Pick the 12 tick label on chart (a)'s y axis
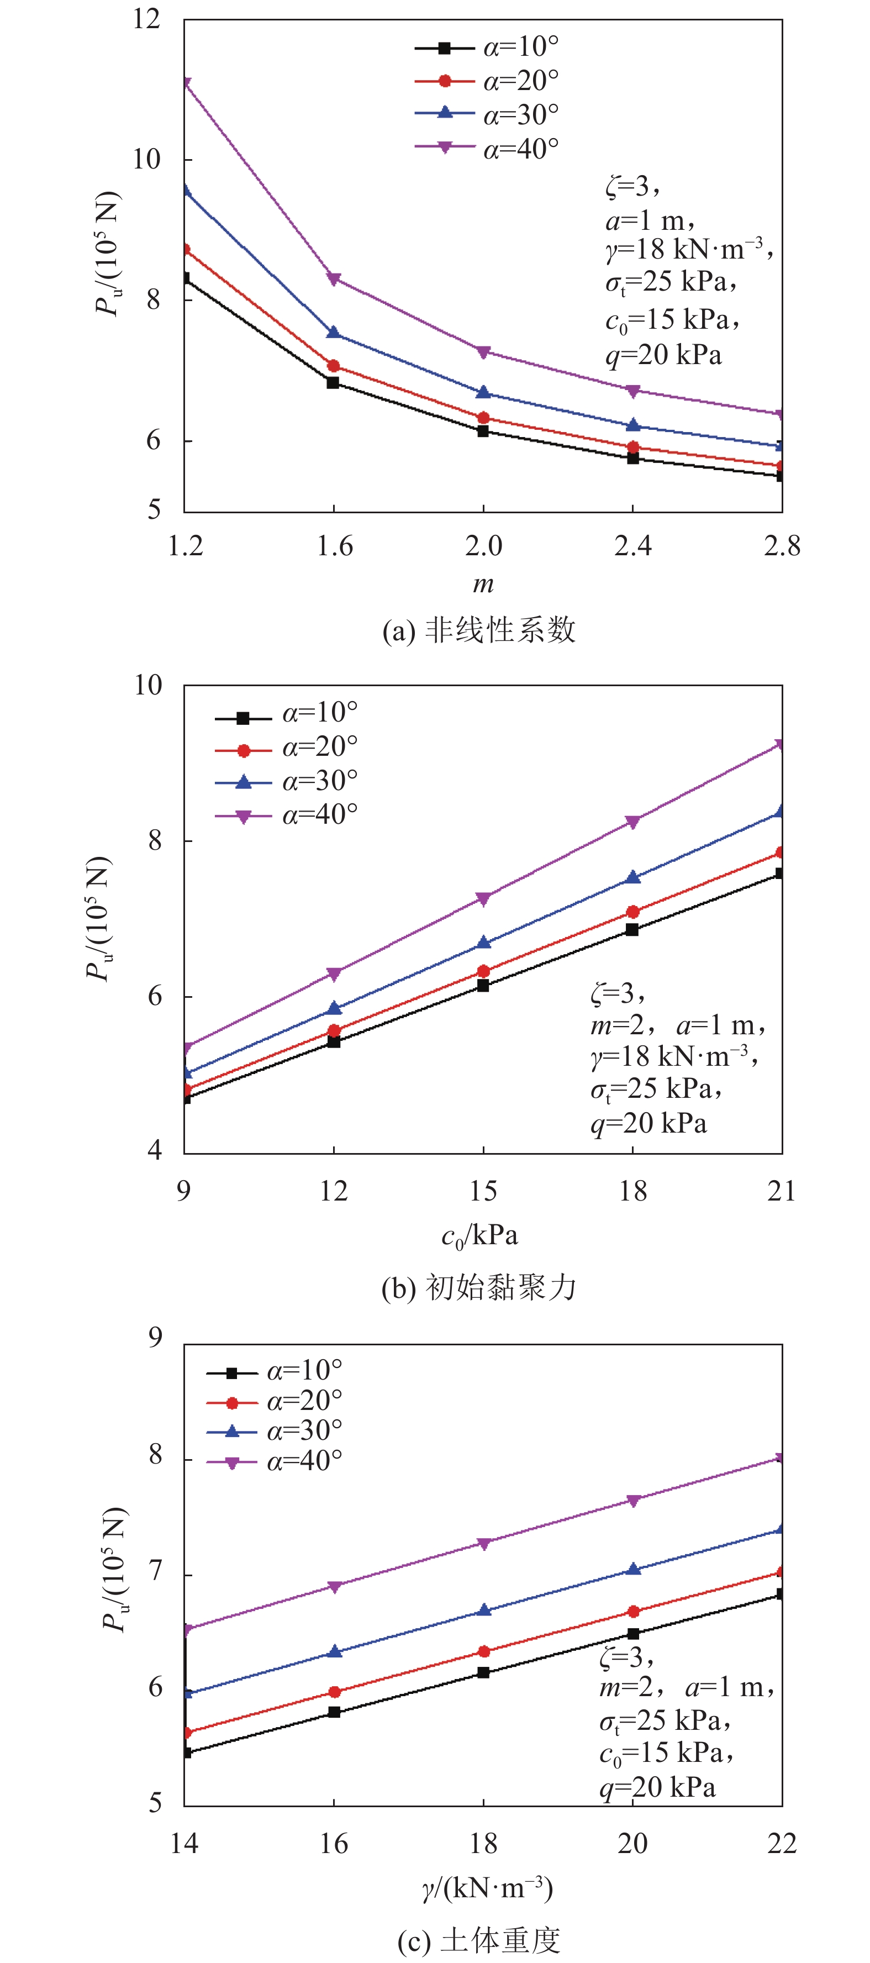coord(147,18)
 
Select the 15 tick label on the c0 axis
coord(483,1190)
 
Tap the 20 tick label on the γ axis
coord(632,1843)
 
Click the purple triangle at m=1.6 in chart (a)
coord(334,279)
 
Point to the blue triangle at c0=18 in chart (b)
coord(632,877)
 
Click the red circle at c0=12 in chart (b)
coord(334,1030)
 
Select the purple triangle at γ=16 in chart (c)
coord(334,1587)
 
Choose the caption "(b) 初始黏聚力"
coord(478,1288)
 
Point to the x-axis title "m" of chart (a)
coord(483,585)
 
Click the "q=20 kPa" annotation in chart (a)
coord(663,355)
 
